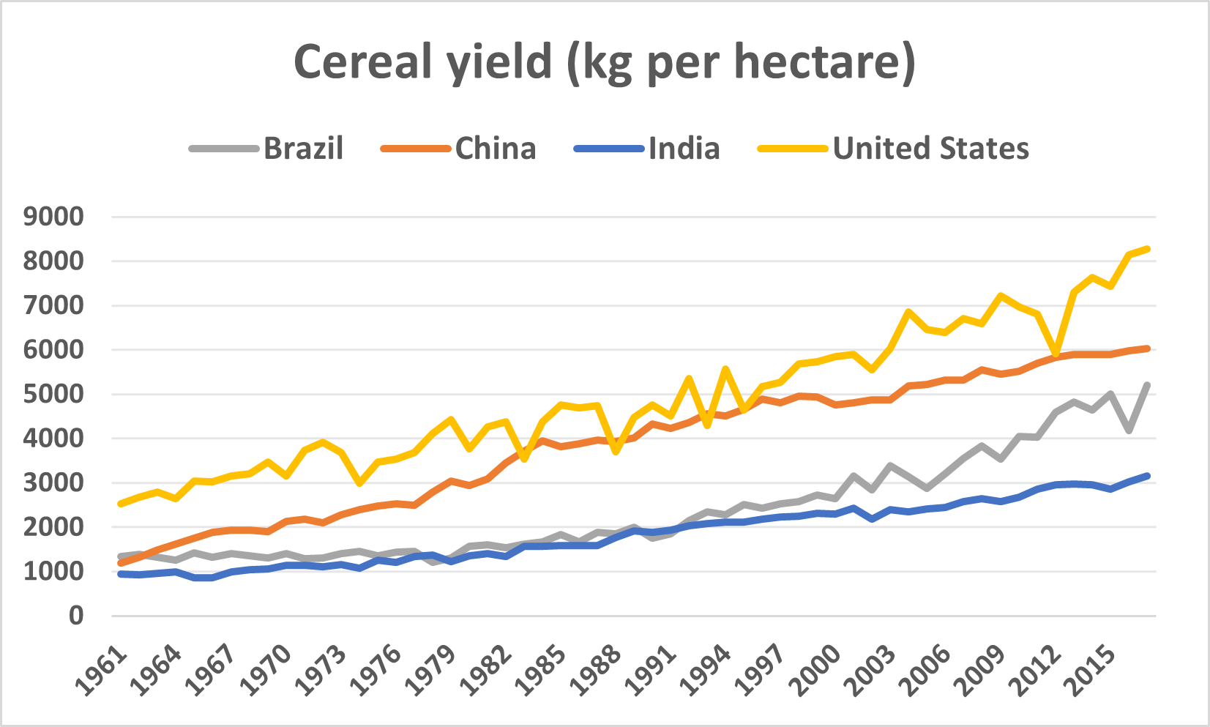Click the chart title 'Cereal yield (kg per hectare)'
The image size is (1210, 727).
coord(605,61)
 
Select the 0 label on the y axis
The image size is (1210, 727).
coord(76,616)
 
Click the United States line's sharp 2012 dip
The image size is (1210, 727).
coord(1056,354)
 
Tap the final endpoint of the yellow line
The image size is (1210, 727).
coord(1147,249)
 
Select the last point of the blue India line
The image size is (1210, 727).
coord(1147,476)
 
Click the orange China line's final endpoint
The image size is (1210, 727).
coord(1147,348)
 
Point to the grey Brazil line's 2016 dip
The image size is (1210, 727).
coord(1129,430)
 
